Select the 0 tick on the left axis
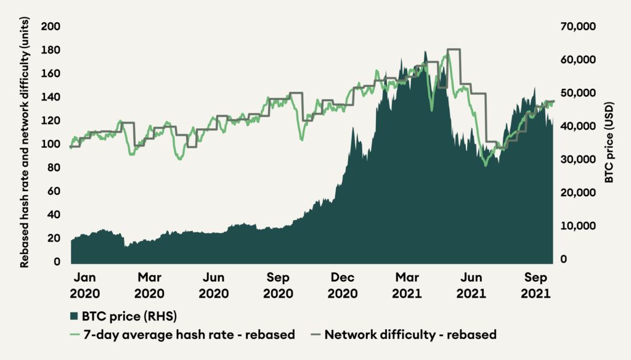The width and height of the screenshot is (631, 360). coord(56,262)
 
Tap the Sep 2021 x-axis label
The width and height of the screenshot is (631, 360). coord(534,285)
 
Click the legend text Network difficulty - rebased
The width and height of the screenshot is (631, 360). coord(410,335)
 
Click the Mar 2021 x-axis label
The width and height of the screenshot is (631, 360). coord(407,285)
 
